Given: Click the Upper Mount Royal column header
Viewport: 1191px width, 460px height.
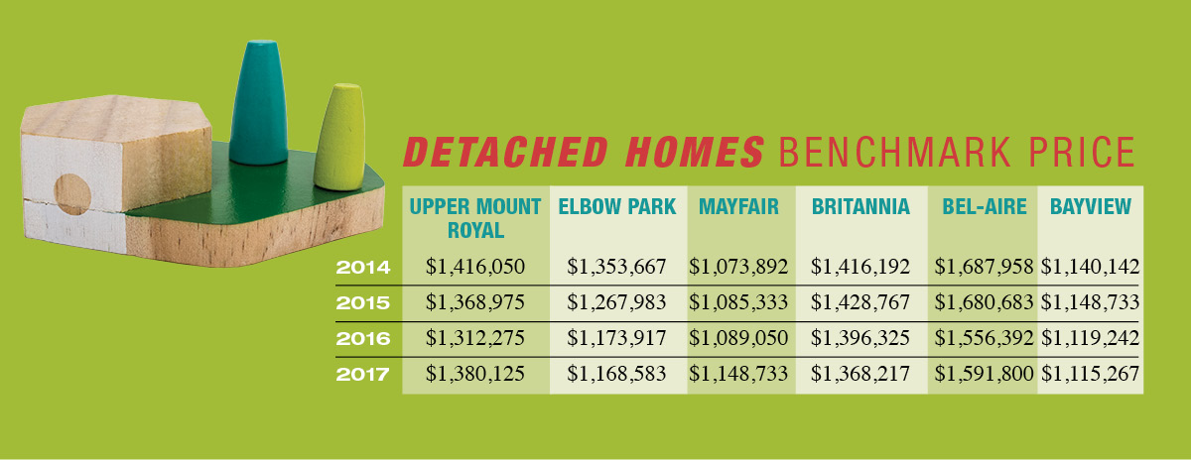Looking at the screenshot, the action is click(x=474, y=218).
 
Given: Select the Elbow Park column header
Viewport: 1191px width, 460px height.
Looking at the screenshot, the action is click(x=616, y=206).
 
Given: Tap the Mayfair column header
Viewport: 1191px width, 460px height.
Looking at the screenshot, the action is click(x=738, y=206).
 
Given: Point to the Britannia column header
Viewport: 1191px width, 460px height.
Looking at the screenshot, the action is click(x=860, y=206).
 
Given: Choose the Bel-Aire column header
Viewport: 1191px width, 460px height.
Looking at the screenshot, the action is click(x=985, y=206).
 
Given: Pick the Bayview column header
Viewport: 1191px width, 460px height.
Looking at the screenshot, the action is click(x=1090, y=206).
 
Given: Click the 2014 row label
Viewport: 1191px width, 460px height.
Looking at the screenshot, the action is click(x=363, y=268).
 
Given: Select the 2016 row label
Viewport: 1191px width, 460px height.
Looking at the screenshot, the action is click(x=363, y=338).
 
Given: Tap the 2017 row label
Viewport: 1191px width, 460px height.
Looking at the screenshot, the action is click(x=362, y=375).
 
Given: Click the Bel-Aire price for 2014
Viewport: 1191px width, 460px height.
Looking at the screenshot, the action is click(x=985, y=267).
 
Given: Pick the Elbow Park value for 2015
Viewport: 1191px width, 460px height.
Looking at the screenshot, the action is click(x=616, y=302).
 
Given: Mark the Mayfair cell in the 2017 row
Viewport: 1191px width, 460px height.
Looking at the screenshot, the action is click(x=738, y=374).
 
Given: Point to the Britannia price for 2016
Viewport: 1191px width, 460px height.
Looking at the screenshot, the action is click(x=860, y=338).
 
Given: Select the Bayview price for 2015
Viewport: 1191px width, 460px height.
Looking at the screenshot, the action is click(x=1090, y=302).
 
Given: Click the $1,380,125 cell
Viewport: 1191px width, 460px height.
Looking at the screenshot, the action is click(x=474, y=374).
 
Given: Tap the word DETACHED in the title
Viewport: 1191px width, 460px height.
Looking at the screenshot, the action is click(x=505, y=153).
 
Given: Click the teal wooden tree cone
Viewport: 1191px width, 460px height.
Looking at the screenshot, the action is click(x=259, y=102).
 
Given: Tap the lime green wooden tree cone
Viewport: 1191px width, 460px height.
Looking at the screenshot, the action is click(x=339, y=137).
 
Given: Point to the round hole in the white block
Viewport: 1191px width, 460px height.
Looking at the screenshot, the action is click(x=72, y=194).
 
